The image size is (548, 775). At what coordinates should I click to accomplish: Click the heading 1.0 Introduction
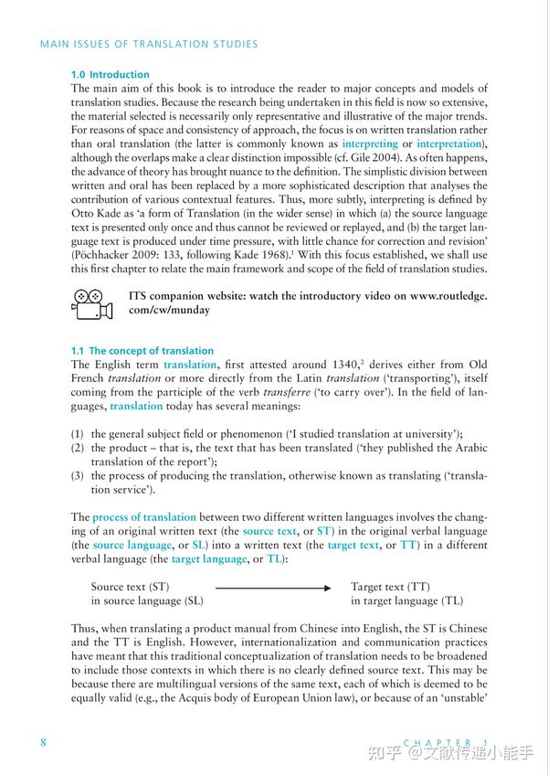(110, 74)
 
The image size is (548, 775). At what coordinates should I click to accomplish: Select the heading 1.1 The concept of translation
(142, 351)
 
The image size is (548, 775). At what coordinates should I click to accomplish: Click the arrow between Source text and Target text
(273, 588)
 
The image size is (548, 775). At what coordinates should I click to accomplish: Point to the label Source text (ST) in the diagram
(131, 587)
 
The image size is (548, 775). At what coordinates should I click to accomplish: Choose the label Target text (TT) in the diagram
(390, 587)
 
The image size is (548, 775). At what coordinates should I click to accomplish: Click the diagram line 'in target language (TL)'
(406, 601)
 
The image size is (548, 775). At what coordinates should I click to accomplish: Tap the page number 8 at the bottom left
(43, 741)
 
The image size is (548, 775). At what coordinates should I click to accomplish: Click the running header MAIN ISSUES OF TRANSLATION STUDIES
(148, 44)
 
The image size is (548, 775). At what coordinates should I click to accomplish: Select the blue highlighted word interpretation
(450, 144)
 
